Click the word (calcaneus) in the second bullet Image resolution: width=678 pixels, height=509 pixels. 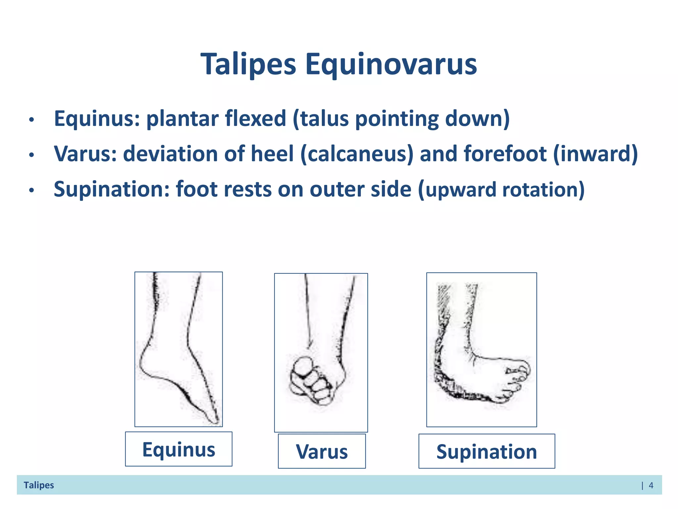(357, 154)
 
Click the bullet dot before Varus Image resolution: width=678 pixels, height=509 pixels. (31, 155)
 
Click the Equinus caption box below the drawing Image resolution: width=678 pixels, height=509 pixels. (178, 449)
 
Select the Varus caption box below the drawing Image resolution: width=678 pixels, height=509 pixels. (321, 451)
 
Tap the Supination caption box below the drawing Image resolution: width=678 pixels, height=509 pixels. (486, 451)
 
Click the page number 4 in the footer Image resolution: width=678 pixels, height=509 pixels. (651, 485)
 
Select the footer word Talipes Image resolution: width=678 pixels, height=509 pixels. (39, 485)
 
